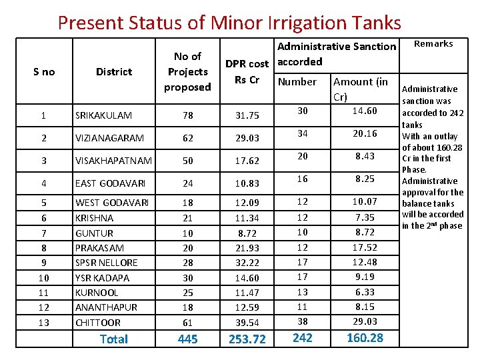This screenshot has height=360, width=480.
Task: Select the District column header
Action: (114, 71)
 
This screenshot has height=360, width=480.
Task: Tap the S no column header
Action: (44, 71)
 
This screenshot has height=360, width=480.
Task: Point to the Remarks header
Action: (433, 44)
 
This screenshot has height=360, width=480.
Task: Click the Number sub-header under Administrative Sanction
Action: (297, 81)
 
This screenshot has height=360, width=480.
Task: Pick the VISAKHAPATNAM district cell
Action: (113, 161)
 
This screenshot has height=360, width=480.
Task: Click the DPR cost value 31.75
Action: (247, 115)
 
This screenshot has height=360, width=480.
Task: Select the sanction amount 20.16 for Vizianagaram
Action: (365, 133)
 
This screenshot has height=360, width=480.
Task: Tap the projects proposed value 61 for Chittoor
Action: (187, 323)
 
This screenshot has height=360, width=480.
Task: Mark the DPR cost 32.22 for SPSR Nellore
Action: (247, 263)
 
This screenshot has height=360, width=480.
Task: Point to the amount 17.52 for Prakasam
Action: (365, 247)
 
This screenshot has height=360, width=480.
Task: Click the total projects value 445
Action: (187, 339)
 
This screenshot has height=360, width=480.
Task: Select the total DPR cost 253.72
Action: (247, 339)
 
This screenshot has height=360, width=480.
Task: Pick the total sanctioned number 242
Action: (303, 338)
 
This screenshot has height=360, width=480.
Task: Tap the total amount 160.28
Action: (365, 338)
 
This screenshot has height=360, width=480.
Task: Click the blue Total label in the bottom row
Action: (113, 339)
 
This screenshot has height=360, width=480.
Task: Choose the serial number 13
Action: (43, 323)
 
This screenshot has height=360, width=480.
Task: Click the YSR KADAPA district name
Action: (102, 278)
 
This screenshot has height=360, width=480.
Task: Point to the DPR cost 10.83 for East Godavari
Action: (247, 183)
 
